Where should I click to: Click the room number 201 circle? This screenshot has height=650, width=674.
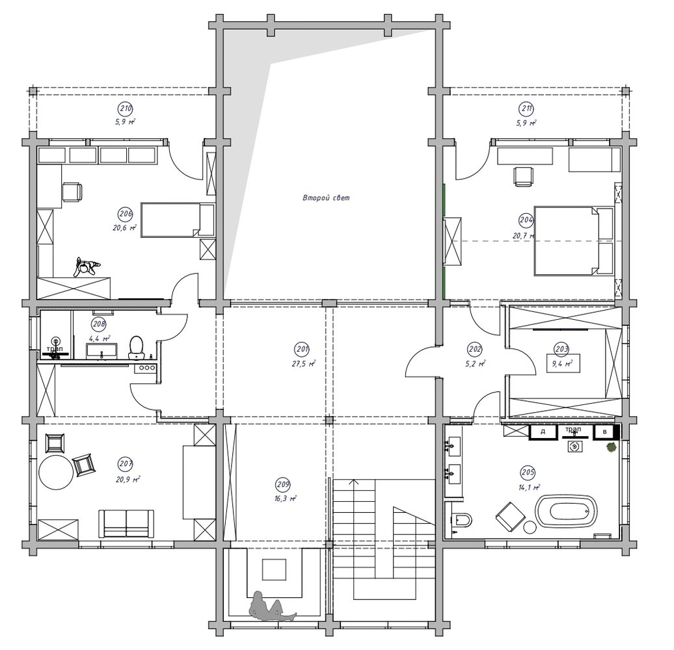point(302,349)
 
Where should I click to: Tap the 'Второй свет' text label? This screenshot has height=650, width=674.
point(326,198)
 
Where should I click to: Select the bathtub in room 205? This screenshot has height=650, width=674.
point(566,512)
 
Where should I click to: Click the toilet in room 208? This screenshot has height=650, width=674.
point(136,346)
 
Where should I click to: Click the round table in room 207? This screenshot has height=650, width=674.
point(56,473)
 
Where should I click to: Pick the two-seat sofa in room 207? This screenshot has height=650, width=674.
point(126,523)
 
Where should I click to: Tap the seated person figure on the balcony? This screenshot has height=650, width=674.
point(269,606)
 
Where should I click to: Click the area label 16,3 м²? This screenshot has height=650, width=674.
point(287,499)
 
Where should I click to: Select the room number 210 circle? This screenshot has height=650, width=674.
point(126,109)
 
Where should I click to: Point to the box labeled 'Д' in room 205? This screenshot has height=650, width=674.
point(543,432)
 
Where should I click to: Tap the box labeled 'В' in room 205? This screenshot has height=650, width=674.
point(605,432)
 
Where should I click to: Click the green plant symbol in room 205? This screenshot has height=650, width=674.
point(610,447)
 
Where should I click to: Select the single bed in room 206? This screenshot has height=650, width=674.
point(178,220)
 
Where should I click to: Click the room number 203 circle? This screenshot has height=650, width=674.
point(562,349)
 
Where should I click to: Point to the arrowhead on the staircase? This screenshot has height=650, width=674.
point(354,482)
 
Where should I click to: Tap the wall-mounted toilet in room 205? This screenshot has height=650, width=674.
point(462,521)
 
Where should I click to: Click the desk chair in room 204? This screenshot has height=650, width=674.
point(523,176)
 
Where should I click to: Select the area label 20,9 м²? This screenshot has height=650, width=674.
point(128,480)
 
